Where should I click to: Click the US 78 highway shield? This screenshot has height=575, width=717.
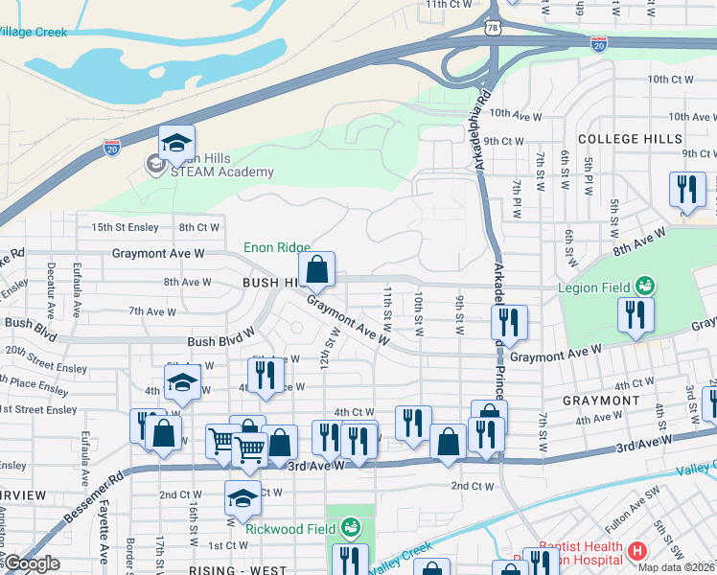[493, 31]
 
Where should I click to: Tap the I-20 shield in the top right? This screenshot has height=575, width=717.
[599, 44]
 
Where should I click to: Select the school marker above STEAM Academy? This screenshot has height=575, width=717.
[176, 144]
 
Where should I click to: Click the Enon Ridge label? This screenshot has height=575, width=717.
[276, 247]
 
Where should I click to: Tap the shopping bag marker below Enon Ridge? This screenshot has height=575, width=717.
[317, 272]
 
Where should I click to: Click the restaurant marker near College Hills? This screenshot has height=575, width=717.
[687, 190]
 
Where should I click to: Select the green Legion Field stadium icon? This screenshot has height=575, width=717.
[646, 287]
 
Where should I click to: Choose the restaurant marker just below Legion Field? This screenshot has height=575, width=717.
[635, 316]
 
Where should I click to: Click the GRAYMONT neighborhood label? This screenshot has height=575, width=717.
[594, 400]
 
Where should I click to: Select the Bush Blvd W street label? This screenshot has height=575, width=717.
[220, 341]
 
